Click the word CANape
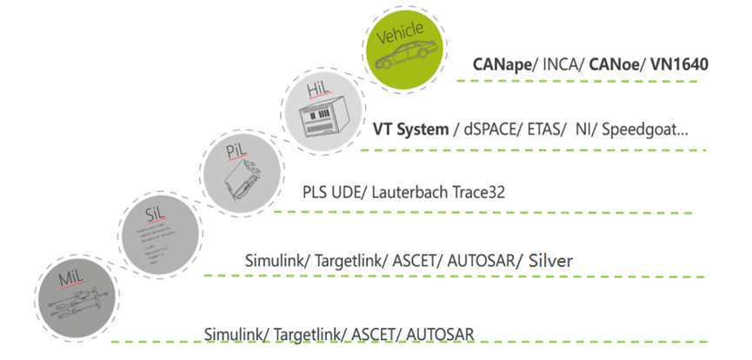pyautogui.click(x=503, y=63)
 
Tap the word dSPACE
pyautogui.click(x=492, y=130)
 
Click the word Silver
pyautogui.click(x=549, y=260)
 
